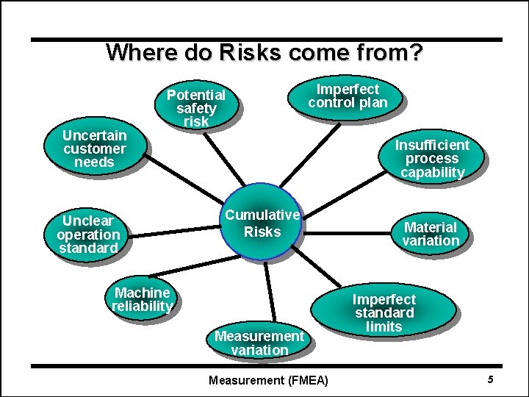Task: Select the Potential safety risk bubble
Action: [195, 107]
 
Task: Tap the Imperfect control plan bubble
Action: [348, 96]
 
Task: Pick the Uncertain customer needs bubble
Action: [94, 148]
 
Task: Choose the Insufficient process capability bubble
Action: [432, 158]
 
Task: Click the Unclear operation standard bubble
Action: [88, 234]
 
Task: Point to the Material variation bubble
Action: [431, 234]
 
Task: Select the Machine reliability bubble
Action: [142, 299]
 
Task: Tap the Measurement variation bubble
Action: [259, 343]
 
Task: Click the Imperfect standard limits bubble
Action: [384, 312]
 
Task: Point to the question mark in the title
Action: [417, 53]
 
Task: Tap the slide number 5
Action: [490, 379]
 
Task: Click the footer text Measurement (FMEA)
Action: [268, 380]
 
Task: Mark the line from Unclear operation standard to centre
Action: [173, 233]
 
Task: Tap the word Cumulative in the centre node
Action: [262, 215]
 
